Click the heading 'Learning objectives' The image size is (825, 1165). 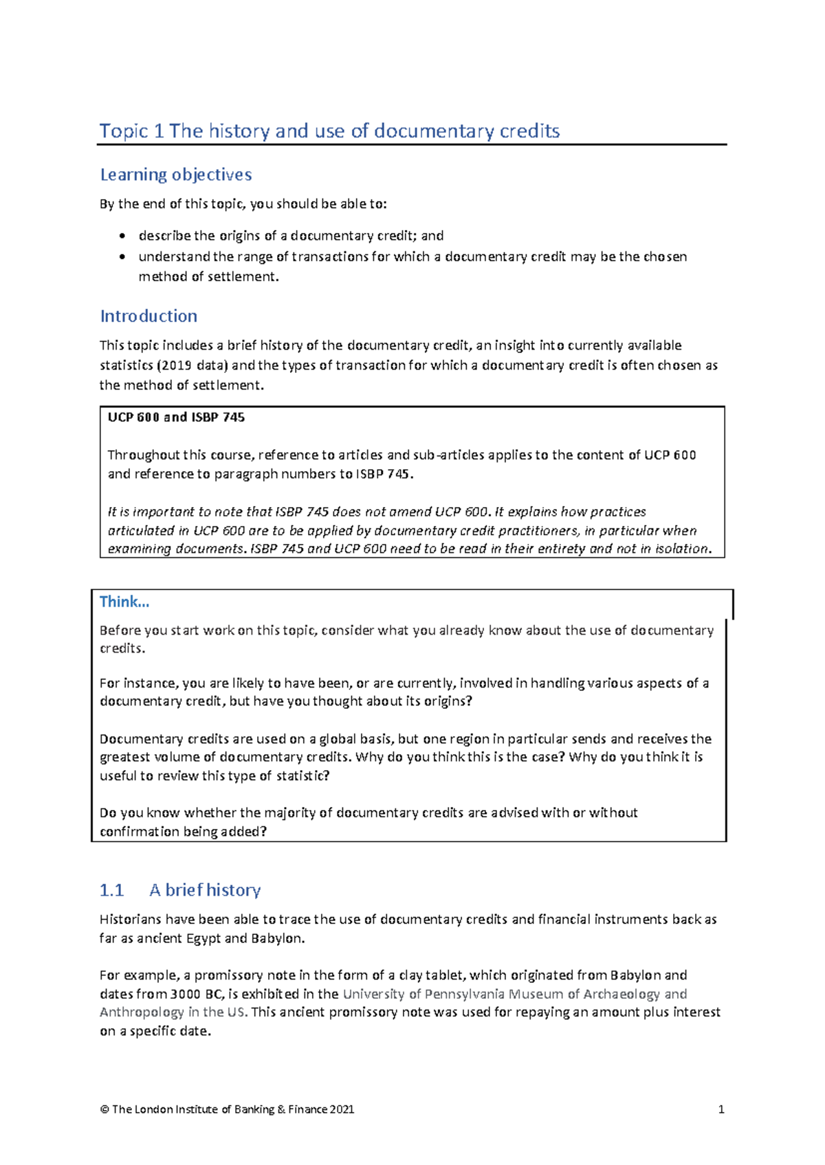(x=176, y=175)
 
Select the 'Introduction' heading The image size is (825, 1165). (x=148, y=316)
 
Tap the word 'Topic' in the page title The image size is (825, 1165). (x=124, y=131)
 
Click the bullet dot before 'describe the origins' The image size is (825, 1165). (x=122, y=236)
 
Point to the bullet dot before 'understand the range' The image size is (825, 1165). (x=122, y=257)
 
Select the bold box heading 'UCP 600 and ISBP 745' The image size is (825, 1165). (x=176, y=418)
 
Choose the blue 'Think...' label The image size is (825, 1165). (x=124, y=602)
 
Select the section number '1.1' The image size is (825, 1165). (x=111, y=890)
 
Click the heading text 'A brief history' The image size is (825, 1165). (x=205, y=890)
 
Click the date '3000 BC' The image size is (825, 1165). (x=195, y=994)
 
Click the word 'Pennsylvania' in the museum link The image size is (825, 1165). (x=468, y=994)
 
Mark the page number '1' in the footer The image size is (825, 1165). (x=721, y=1109)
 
